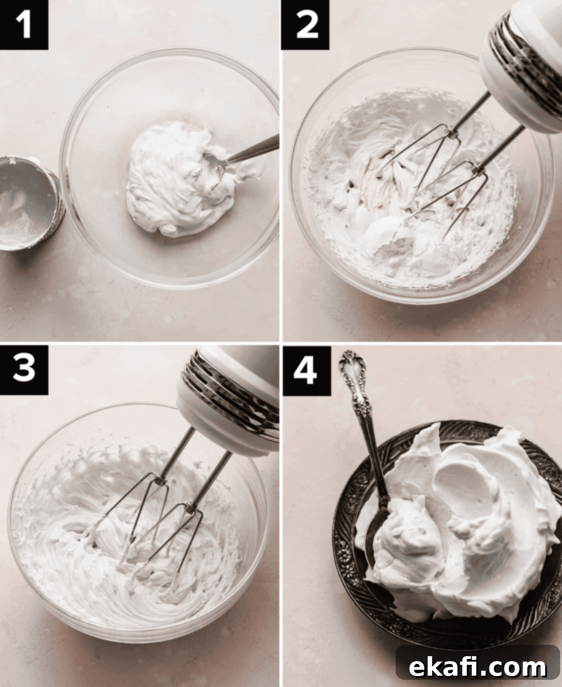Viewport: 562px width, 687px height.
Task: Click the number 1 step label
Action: coord(24,24)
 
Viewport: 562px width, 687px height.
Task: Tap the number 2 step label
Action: coord(305,24)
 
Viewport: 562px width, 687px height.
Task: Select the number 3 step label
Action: coord(24,370)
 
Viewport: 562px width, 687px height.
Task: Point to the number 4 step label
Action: coord(306,371)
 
